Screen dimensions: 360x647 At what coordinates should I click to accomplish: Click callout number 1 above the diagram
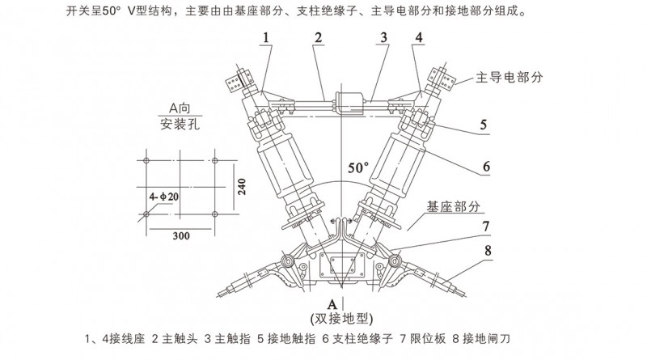click(267, 39)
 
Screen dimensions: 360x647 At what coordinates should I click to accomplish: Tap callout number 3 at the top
click(385, 39)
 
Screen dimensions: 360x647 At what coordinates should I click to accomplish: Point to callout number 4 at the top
click(418, 39)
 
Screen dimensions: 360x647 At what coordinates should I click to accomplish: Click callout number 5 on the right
click(482, 125)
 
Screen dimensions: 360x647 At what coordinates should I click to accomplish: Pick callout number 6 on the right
click(486, 167)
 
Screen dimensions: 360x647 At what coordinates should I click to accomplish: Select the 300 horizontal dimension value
click(181, 235)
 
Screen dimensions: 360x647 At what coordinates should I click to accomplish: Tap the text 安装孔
click(179, 125)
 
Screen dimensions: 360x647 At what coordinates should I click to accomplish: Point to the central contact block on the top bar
click(342, 103)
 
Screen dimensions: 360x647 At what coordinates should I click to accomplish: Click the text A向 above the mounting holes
click(179, 108)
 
